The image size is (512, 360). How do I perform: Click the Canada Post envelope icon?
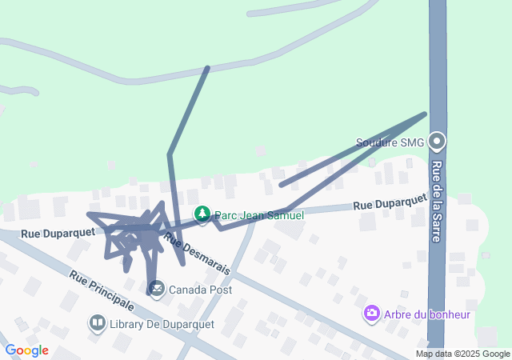pos(156,288)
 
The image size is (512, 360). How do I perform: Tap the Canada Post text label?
pos(200,290)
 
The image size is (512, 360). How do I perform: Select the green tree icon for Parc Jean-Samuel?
pos(202,214)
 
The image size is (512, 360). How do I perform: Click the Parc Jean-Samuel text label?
pos(259,216)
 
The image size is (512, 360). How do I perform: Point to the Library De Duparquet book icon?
pos(98,322)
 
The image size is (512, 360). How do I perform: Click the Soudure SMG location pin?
pos(437,142)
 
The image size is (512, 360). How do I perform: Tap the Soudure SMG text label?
pos(390,143)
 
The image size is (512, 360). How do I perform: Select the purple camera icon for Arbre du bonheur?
pos(371,314)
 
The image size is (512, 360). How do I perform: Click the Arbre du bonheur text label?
pos(426,314)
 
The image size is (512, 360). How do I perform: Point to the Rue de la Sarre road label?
pos(438,192)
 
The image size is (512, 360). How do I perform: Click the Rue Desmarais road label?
pos(197,253)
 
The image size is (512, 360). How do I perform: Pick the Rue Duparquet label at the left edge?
pos(58,233)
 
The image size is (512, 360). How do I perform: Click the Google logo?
pos(26,350)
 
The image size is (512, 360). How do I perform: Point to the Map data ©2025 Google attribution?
pos(462,354)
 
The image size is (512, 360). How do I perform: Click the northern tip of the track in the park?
pos(208,68)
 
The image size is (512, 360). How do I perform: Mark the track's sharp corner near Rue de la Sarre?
pos(425,114)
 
